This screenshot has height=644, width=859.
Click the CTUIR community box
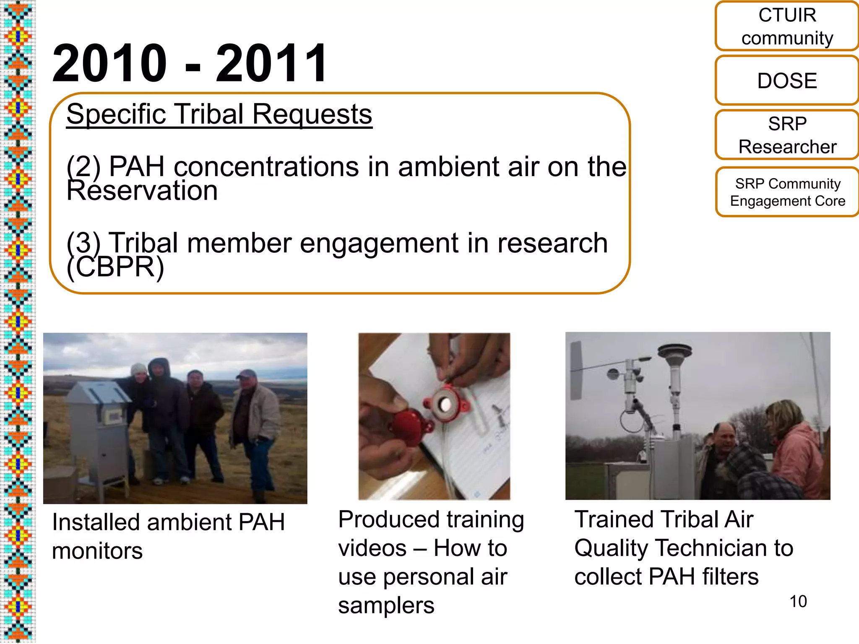pos(787,26)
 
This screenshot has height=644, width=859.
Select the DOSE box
pos(787,80)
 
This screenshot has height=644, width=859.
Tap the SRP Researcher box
pos(787,135)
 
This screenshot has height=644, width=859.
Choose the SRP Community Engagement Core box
pos(787,192)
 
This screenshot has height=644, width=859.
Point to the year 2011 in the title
pos(271,64)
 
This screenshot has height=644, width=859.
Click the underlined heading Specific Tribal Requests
pos(219,114)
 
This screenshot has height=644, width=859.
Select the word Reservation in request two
pos(142,191)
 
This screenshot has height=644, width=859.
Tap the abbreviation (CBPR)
pos(115,267)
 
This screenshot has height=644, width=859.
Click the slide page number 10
pos(798,602)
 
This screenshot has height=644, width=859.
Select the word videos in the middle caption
pos(372,548)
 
